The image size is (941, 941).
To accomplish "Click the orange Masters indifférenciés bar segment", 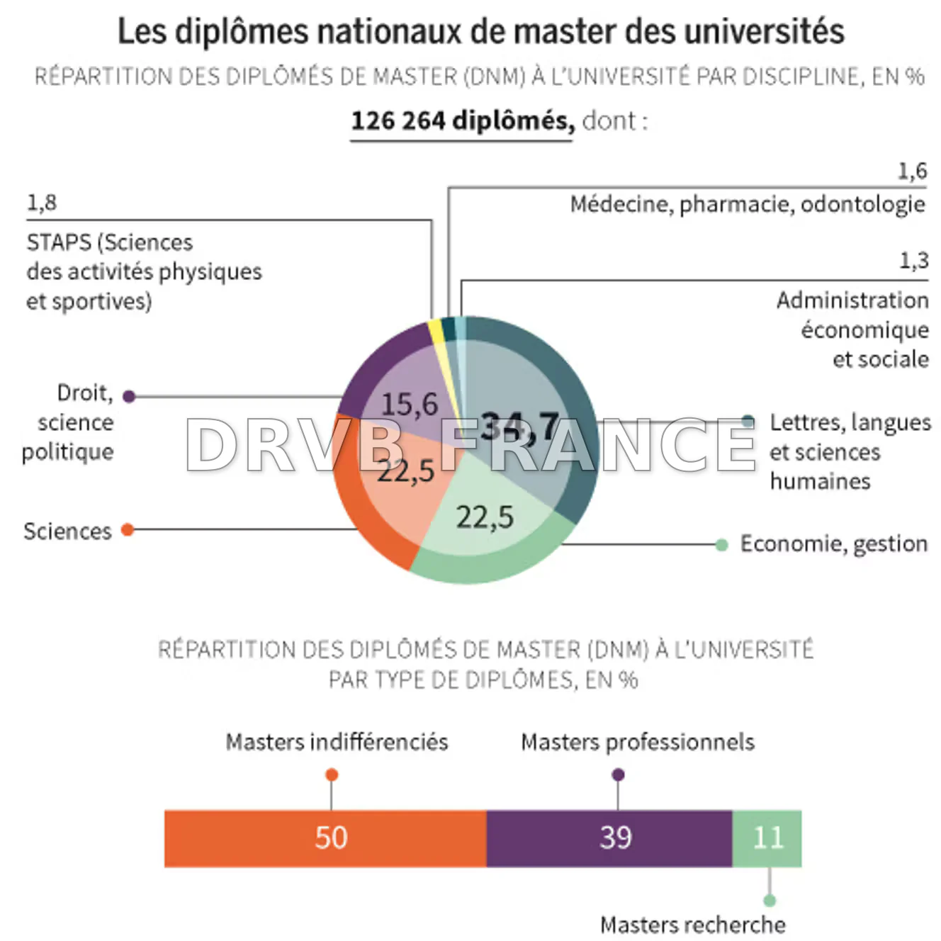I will point(325,838).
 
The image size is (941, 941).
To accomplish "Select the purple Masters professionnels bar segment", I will point(609,838).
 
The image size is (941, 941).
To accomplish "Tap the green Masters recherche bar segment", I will point(767,838).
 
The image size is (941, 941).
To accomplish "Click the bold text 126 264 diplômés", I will point(462,121).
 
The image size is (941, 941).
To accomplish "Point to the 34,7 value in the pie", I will point(519,427).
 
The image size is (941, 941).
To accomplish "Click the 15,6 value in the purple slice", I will point(409,404).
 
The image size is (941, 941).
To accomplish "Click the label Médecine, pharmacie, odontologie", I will point(748,204).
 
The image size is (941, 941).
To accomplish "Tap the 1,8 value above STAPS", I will point(41,203).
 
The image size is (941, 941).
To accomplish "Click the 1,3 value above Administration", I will point(913,261).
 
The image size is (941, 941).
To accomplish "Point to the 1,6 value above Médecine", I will point(912,171).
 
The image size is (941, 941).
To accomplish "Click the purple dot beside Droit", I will point(129,396).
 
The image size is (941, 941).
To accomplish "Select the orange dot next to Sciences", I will point(128,529).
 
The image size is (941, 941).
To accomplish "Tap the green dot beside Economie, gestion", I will point(721,544).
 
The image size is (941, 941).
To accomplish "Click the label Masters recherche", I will point(692,925).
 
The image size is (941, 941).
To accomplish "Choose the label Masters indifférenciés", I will point(337,742).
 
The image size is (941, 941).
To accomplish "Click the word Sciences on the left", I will point(67,531).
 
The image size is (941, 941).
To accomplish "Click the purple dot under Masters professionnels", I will point(618,774).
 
